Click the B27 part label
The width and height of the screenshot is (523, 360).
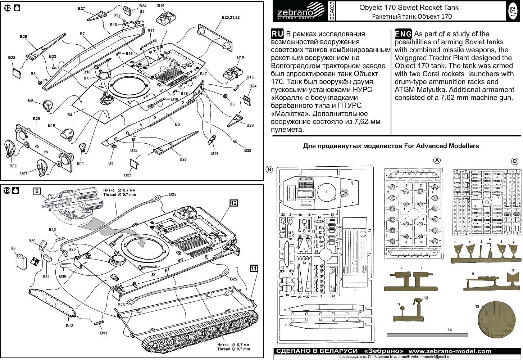[81, 8]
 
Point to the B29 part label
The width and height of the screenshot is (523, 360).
[23, 37]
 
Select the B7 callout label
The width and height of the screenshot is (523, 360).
[82, 34]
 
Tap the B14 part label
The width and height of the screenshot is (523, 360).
[215, 153]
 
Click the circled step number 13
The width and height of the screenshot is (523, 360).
[8, 190]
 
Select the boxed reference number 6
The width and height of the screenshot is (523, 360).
[37, 192]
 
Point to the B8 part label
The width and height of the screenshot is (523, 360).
[13, 248]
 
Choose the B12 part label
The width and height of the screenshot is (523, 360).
[70, 326]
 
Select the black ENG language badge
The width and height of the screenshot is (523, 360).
[403, 34]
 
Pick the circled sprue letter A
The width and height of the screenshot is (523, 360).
[437, 161]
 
